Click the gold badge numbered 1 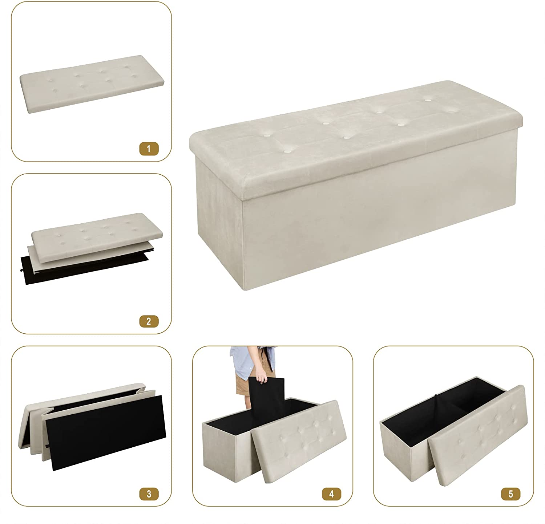[148, 149]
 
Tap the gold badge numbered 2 [148, 321]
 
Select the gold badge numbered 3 [148, 494]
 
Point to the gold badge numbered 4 [331, 494]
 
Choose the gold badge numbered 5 [510, 494]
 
